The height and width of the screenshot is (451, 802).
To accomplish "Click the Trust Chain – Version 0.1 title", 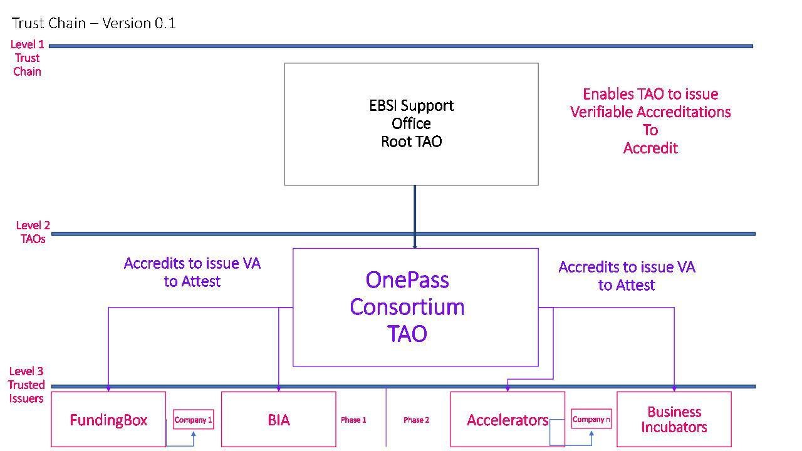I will coord(94,23).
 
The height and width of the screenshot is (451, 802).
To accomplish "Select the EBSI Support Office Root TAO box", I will coord(411,123).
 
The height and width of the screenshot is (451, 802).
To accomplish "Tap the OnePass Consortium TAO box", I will coord(415,307).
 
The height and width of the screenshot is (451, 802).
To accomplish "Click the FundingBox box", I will coord(108,420).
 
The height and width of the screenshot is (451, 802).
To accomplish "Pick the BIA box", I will coord(278,420).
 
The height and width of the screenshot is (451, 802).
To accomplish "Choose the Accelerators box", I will coord(508,420).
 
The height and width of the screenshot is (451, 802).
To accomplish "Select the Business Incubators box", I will coord(674,420).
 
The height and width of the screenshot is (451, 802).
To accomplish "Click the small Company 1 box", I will coord(193,420).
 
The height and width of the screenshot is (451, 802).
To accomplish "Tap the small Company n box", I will coord(591,419).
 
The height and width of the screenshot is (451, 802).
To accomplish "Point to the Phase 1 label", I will coord(353,420).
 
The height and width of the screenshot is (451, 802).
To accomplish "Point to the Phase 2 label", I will coord(416,420).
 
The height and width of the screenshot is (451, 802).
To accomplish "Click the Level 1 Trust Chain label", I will coord(27,58).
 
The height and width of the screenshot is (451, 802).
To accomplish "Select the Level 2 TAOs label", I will coord(33,232).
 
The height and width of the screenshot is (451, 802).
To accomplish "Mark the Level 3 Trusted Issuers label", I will coord(26,385).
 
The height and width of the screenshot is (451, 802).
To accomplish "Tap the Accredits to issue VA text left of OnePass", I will coord(192,272).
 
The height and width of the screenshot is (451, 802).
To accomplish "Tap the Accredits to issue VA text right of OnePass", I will coord(627,276).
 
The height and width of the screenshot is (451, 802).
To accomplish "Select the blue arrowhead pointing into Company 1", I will coord(193,434).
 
